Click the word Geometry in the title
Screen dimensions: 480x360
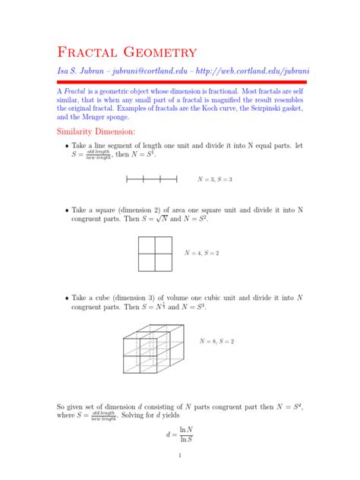coord(162,52)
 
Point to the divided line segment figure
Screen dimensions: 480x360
coord(151,179)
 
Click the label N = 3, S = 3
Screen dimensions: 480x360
coord(215,179)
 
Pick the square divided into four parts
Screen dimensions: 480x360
coord(159,253)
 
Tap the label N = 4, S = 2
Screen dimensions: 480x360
coord(202,252)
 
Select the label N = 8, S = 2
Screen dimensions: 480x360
coord(216,341)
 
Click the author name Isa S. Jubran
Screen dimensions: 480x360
coord(83,71)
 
